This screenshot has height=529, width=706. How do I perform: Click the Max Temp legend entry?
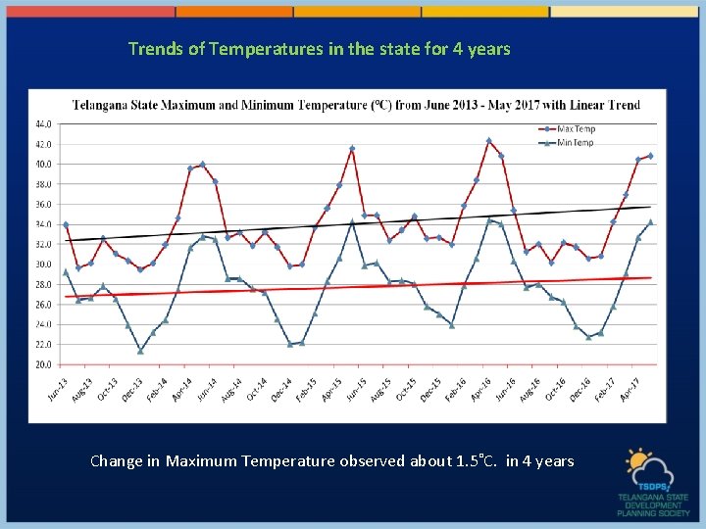click(577, 129)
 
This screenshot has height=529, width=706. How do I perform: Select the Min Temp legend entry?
click(577, 143)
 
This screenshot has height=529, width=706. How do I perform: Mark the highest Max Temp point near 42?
click(488, 141)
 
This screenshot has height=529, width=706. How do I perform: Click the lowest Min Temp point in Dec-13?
click(140, 351)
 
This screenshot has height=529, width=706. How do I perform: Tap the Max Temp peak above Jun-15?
click(352, 149)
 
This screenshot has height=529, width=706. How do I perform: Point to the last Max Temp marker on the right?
click(650, 156)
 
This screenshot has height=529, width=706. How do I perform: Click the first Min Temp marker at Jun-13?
click(66, 272)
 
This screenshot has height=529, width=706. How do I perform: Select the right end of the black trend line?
click(650, 207)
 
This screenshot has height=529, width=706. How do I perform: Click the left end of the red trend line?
click(66, 297)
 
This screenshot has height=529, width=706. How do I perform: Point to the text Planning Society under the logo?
click(653, 511)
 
